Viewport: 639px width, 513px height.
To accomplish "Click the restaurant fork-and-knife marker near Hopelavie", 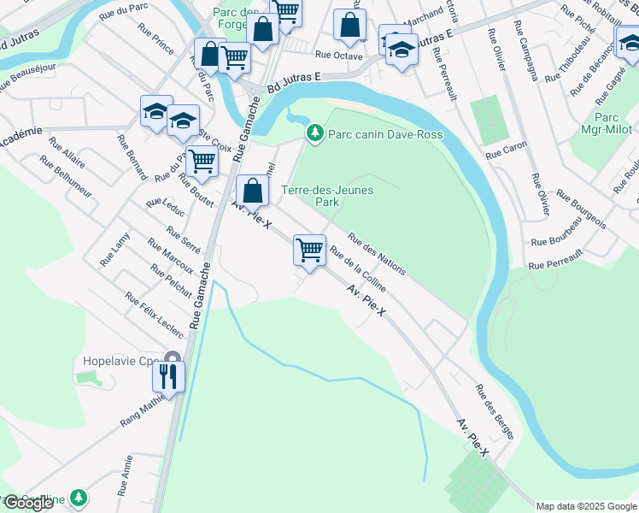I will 168,375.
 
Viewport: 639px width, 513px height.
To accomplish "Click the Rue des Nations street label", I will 376,254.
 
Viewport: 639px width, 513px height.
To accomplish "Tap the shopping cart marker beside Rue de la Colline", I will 309,251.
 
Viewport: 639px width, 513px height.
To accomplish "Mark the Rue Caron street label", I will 507,151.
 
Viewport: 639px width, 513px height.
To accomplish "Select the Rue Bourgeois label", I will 581,209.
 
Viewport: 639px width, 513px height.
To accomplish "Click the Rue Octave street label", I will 338,55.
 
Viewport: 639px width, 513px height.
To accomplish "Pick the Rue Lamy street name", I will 114,249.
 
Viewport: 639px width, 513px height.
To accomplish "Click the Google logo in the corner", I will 28,503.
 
